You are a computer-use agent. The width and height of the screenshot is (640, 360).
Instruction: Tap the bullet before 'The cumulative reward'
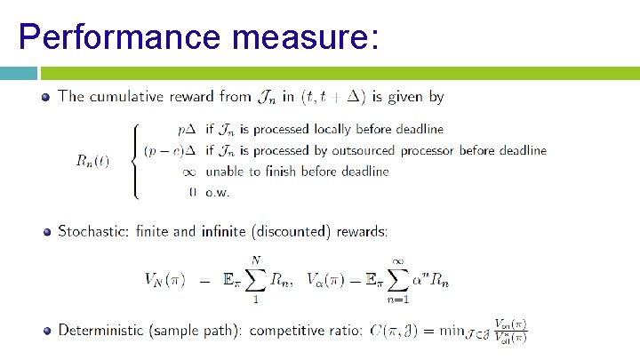coord(45,96)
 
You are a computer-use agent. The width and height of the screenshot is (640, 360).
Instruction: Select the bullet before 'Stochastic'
coord(45,232)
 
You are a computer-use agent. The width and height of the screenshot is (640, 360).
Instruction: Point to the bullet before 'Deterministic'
coord(45,331)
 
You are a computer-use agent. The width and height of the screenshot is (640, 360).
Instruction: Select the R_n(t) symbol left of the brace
coord(93,161)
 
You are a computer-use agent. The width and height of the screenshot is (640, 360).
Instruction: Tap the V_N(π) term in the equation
coord(165,279)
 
